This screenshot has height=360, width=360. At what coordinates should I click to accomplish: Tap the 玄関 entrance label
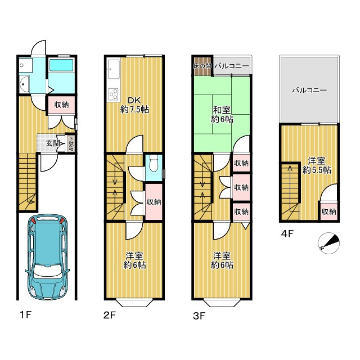click(53, 144)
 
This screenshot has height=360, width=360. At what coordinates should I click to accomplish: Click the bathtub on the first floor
click(61, 65)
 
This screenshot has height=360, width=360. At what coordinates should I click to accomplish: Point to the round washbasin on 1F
click(24, 84)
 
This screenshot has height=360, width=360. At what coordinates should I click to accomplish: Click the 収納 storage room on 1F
click(61, 105)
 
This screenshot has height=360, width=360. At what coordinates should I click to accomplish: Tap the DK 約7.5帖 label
click(134, 105)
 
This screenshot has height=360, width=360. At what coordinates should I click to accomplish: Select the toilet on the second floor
click(154, 163)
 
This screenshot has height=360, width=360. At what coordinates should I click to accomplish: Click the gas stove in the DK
click(114, 94)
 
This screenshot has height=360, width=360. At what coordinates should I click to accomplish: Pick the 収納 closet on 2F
click(154, 202)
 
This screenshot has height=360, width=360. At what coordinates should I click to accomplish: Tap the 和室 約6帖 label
click(222, 115)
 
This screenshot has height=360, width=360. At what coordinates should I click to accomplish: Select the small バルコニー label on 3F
click(232, 66)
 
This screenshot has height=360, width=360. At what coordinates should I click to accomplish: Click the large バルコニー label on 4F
click(309, 90)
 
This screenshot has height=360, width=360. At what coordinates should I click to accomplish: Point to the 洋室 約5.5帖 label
click(317, 165)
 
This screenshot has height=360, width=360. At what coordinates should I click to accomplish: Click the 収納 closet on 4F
click(329, 211)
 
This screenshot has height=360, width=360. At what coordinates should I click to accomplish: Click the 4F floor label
click(287, 234)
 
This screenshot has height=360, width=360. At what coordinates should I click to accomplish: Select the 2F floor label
click(109, 315)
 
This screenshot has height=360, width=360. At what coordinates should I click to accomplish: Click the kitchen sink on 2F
click(114, 69)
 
